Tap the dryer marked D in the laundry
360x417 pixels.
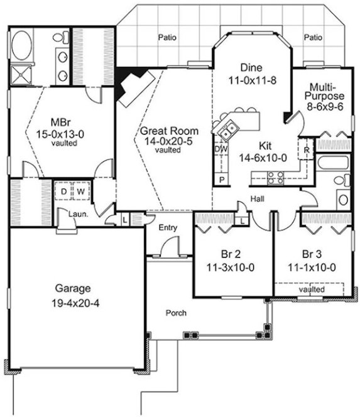click(64, 190)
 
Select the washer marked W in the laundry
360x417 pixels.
click(81, 190)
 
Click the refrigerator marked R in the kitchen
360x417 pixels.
click(306, 151)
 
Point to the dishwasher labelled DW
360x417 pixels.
click(221, 150)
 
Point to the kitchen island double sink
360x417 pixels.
click(227, 130)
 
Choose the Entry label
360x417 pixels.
click(168, 227)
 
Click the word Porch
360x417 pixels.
click(176, 312)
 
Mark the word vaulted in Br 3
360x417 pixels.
click(312, 290)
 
